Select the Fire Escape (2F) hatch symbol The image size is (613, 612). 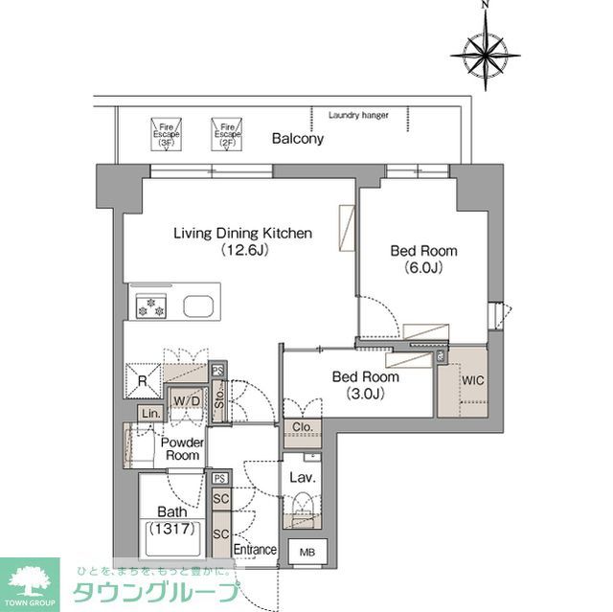pos(227,132)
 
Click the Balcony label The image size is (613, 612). pos(297,139)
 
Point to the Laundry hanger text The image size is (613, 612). pos(358,115)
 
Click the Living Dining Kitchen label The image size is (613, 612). pos(242,233)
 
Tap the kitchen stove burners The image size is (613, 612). pos(150,307)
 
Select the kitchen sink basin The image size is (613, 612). pos(199,307)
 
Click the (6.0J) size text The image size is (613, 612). pos(422,269)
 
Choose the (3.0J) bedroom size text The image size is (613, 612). pos(365,394)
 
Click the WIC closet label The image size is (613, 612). pos(473,380)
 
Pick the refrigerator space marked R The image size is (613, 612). pos(141,379)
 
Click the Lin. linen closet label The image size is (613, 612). pos(149,412)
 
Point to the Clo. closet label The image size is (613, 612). pos(303,428)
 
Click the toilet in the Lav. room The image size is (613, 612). pos(303,506)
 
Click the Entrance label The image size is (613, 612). pos(256,550)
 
